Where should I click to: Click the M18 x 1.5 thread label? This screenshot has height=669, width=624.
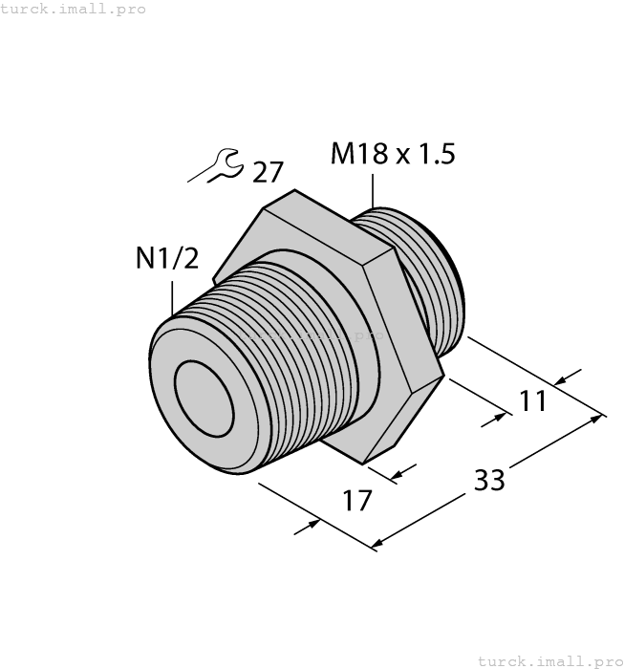[x=393, y=154]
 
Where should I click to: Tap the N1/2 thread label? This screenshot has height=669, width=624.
[x=167, y=258]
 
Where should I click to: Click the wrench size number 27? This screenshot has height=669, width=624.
[x=268, y=172]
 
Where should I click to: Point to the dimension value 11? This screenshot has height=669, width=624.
[x=532, y=401]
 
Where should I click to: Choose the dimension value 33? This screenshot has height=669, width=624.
[x=489, y=480]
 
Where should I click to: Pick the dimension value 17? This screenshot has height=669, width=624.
[x=357, y=501]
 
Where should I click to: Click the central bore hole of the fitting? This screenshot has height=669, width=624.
[x=204, y=399]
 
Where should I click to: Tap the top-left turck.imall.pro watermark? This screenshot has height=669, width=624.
[x=73, y=9]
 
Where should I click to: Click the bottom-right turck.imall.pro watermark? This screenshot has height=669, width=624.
[x=550, y=661]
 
